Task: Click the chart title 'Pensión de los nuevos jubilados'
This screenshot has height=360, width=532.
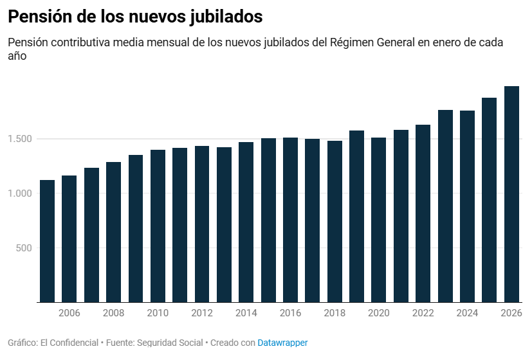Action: pyautogui.click(x=135, y=17)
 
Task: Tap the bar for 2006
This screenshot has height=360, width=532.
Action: pyautogui.click(x=69, y=239)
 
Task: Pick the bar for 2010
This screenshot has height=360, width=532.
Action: pyautogui.click(x=158, y=226)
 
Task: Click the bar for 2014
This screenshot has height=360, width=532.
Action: pyautogui.click(x=246, y=222)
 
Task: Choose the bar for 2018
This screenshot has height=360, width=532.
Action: pyautogui.click(x=335, y=221)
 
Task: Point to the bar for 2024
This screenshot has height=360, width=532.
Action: pyautogui.click(x=467, y=206)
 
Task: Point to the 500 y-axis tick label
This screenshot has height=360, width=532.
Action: pyautogui.click(x=25, y=248)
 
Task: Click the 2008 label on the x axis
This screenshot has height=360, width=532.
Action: pyautogui.click(x=113, y=313)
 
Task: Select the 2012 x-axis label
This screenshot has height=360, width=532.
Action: pyautogui.click(x=202, y=313)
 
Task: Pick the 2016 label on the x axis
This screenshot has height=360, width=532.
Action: pyautogui.click(x=290, y=313)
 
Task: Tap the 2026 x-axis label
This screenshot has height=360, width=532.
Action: pyautogui.click(x=511, y=313)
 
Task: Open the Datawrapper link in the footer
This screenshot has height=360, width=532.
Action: pyautogui.click(x=282, y=343)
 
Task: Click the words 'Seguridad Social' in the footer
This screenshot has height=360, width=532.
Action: pyautogui.click(x=170, y=343)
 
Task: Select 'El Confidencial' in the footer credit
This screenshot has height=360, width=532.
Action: pyautogui.click(x=68, y=343)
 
